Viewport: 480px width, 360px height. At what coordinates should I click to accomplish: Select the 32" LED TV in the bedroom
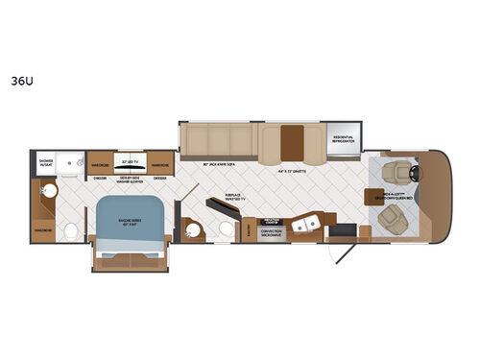point(132,161)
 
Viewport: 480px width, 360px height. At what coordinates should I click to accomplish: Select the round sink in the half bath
point(192,231)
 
